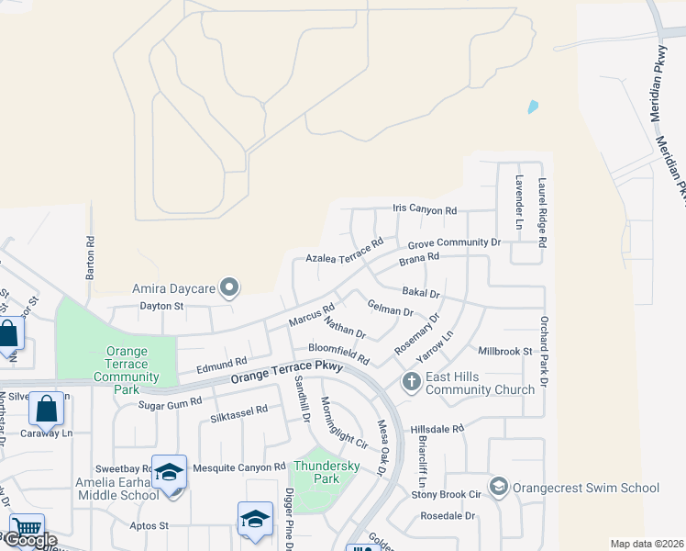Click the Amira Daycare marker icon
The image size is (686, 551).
[230, 289]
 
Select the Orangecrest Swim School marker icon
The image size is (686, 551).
[499, 486]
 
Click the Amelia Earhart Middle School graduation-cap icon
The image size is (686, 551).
[169, 472]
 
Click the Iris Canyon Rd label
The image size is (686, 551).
[424, 211]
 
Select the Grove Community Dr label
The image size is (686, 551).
[454, 243]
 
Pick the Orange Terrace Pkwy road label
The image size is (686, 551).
[287, 371]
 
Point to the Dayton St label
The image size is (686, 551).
[161, 306]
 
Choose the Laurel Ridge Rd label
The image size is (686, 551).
[542, 213]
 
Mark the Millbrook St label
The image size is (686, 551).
[505, 351]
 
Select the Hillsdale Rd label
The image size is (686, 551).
[437, 429]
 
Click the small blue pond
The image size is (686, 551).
[533, 107]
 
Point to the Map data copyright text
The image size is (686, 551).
[647, 544]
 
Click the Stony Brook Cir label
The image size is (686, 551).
[447, 494]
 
